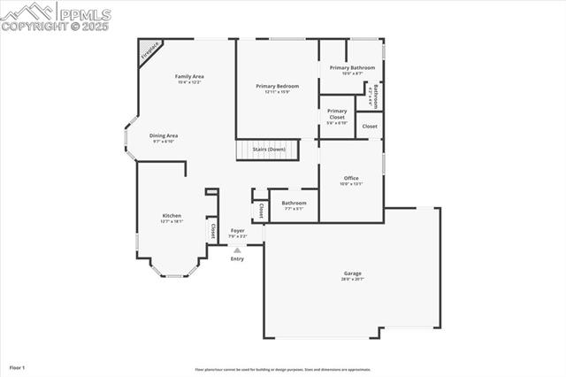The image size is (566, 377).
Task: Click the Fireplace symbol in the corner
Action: click(x=150, y=51)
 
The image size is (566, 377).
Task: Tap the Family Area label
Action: click(x=189, y=78)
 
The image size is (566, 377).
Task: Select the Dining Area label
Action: click(x=164, y=136)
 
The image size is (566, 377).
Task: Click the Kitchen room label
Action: click(x=171, y=217)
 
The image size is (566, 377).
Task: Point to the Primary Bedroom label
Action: click(x=277, y=87)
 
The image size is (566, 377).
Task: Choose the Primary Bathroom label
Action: click(x=352, y=68)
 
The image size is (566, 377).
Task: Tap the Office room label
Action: click(x=351, y=179)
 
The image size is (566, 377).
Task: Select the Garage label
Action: click(x=353, y=273)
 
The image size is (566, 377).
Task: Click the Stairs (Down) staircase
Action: click(x=268, y=150)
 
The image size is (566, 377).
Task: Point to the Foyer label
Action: click(x=238, y=231)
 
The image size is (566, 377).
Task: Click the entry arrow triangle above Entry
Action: click(x=237, y=250)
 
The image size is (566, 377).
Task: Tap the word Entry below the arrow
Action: click(x=237, y=258)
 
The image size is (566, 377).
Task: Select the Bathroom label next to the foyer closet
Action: click(x=294, y=203)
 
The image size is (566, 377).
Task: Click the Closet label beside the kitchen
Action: click(x=212, y=230)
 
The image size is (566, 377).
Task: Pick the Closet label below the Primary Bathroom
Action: click(x=370, y=127)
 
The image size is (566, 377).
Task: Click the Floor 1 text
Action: click(x=17, y=366)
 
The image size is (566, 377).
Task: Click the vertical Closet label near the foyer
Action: click(x=261, y=211)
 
